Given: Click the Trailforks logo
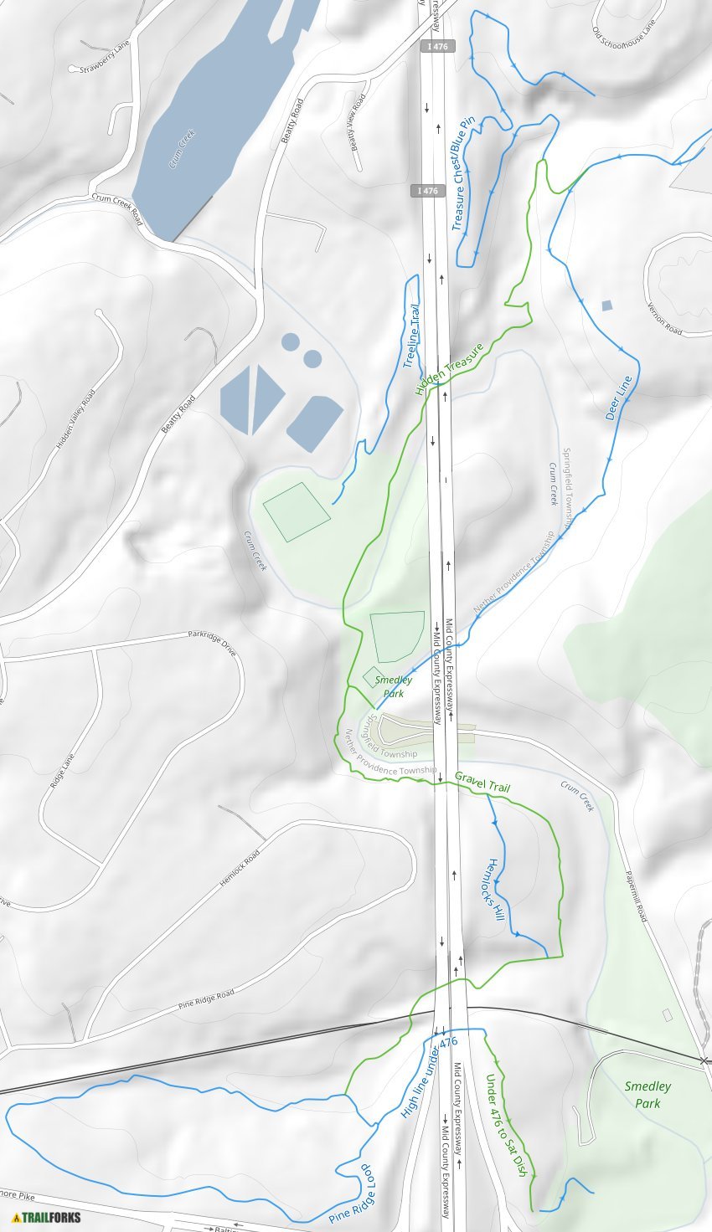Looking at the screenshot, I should pos(47,1216).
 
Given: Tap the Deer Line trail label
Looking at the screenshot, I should pos(619,397).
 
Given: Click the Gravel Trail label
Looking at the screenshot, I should pos(482,783).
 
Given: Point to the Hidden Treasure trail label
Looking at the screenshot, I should pos(449,369).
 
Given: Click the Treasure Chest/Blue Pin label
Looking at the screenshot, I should pos(463,173).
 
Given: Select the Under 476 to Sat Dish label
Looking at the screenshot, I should pos(506,1125).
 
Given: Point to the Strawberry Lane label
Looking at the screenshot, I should pos(104,58).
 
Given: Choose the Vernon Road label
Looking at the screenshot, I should pos(665,318).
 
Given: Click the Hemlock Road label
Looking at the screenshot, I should pos(240,868).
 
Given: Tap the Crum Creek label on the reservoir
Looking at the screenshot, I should pos(182,149).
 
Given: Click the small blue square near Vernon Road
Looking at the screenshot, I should pos(606,305).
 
